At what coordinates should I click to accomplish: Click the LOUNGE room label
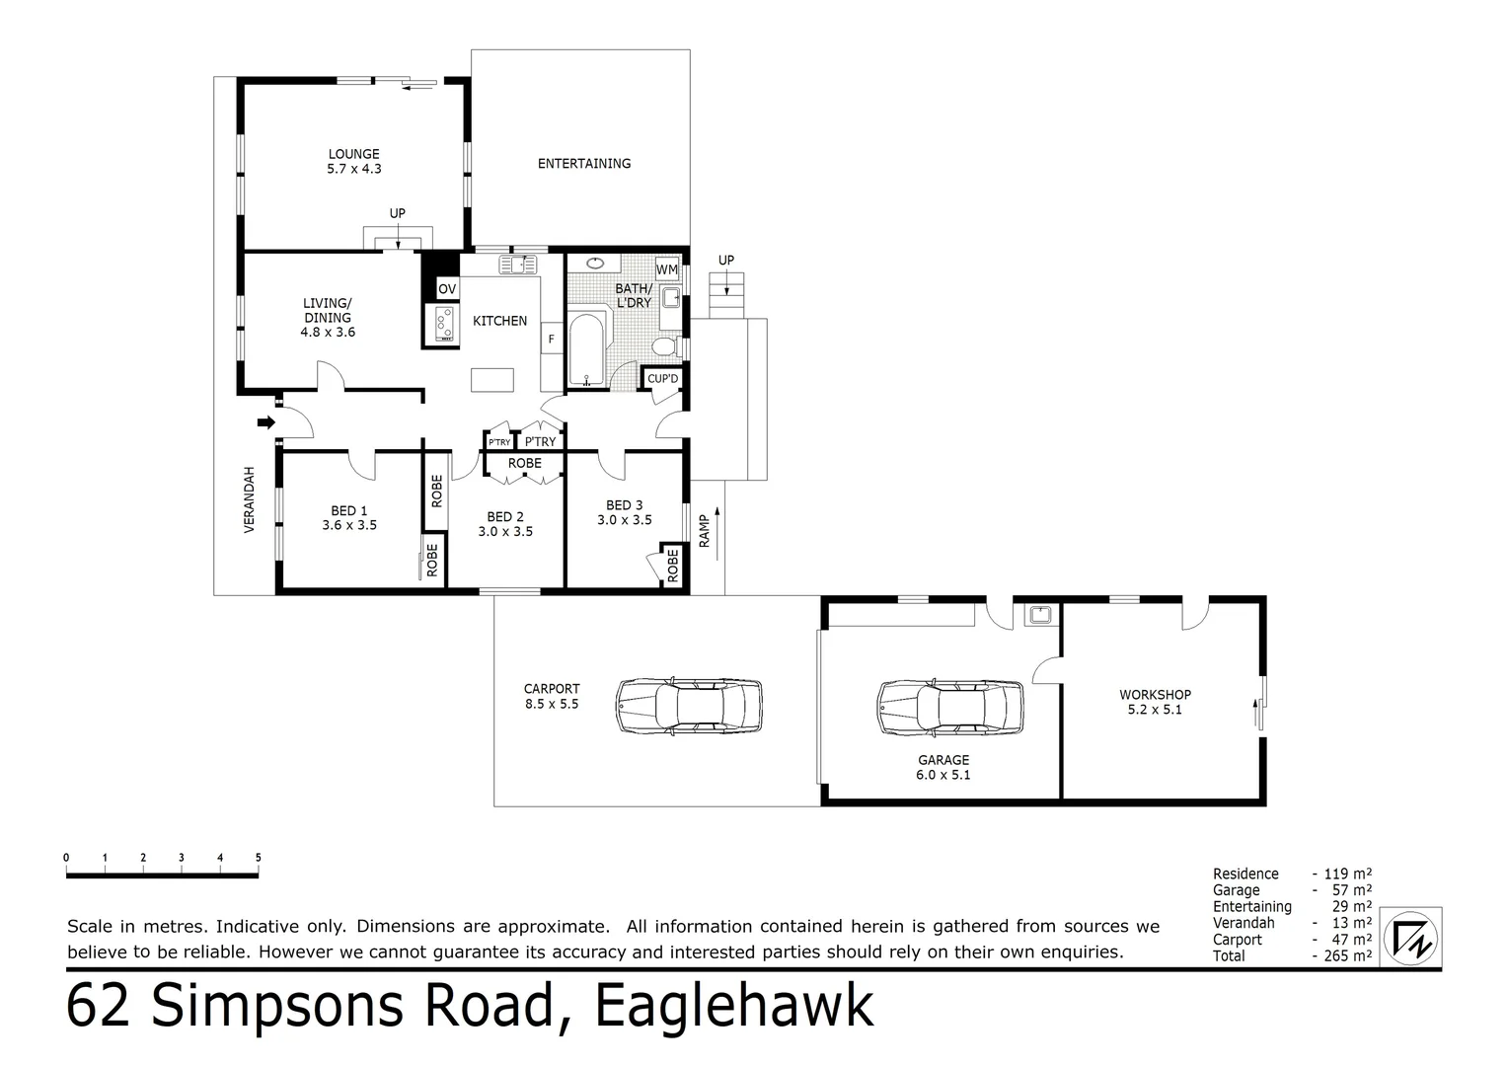pyautogui.click(x=353, y=154)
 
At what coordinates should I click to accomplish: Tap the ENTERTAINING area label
pyautogui.click(x=583, y=164)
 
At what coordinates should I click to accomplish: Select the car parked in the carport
pyautogui.click(x=689, y=705)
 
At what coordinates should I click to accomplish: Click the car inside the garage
pyautogui.click(x=949, y=706)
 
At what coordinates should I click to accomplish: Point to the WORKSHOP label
pyautogui.click(x=1155, y=695)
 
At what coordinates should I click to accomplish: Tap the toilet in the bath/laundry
pyautogui.click(x=666, y=345)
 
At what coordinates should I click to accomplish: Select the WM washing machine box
pyautogui.click(x=667, y=269)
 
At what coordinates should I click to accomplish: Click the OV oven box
pyautogui.click(x=447, y=289)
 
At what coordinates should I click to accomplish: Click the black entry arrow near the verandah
pyautogui.click(x=265, y=422)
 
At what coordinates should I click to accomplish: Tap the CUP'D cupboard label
pyautogui.click(x=662, y=379)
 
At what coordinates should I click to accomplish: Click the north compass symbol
pyautogui.click(x=1411, y=936)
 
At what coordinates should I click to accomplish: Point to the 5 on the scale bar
pyautogui.click(x=258, y=858)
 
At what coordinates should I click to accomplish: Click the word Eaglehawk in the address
pyautogui.click(x=734, y=1007)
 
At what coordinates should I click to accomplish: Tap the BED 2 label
pyautogui.click(x=504, y=517)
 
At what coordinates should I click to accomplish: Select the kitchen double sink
pyautogui.click(x=516, y=264)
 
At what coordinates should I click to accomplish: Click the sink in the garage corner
pyautogui.click(x=1039, y=615)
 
